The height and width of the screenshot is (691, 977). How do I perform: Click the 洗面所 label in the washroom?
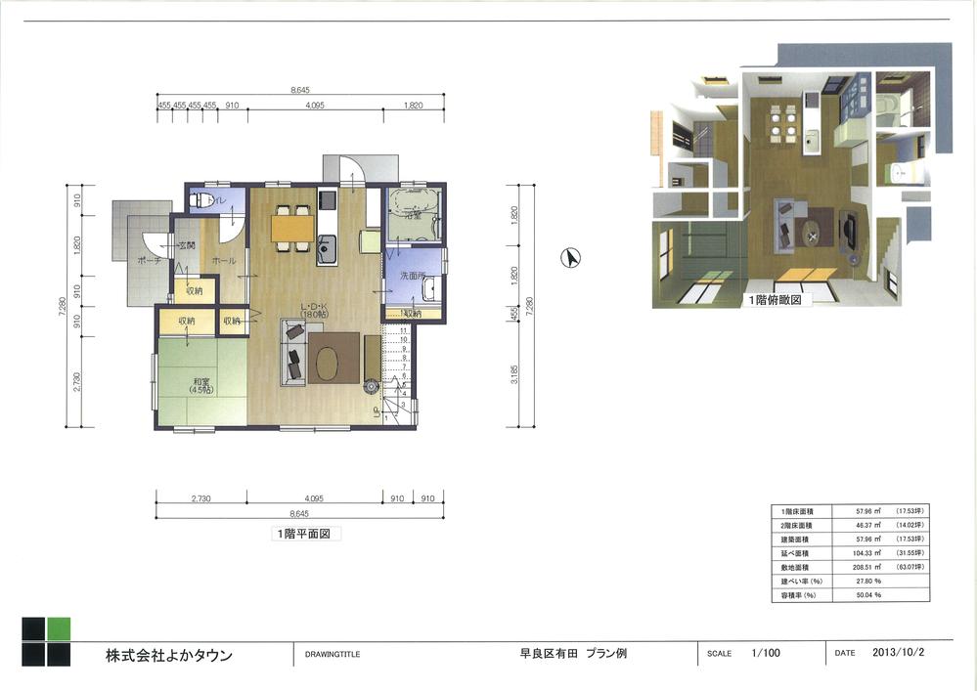(x=410, y=278)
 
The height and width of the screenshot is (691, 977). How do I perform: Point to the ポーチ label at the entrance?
(x=149, y=261)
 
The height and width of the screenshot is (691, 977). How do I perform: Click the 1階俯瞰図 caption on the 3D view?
(x=776, y=301)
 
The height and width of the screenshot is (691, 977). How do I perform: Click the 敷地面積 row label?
(x=795, y=566)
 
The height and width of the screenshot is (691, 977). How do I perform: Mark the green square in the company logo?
(x=59, y=628)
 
